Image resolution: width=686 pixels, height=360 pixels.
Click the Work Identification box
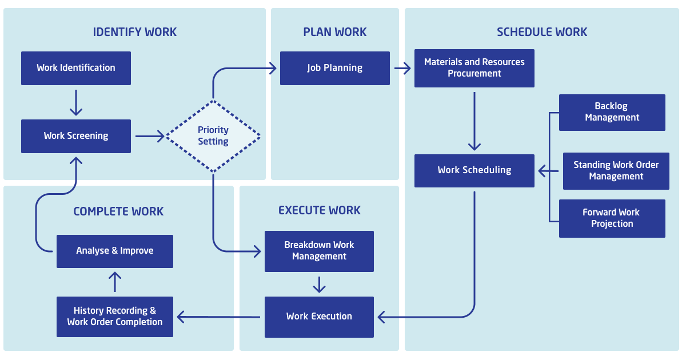point(76,68)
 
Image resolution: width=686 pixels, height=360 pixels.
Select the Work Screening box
point(76,136)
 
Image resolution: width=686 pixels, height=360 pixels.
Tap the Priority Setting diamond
point(213,136)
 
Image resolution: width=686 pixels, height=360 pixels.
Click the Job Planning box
point(334,68)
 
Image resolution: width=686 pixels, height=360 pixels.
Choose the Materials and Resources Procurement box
point(474,68)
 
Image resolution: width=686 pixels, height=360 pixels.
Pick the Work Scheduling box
point(474,170)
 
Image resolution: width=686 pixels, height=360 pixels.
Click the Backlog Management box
point(612,112)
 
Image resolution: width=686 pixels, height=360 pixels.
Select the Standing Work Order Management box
point(616,171)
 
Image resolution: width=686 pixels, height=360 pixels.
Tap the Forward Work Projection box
point(612,218)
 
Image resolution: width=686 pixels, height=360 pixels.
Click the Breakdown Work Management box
point(319,251)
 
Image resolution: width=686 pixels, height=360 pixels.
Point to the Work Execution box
point(319,317)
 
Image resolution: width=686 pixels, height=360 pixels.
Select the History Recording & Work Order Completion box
point(114,317)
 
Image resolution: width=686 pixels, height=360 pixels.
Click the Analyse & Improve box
point(114,251)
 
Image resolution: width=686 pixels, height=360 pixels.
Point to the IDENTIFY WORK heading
point(135,32)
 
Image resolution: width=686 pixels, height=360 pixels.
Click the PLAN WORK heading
point(335,32)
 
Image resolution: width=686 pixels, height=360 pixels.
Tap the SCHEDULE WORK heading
point(542,32)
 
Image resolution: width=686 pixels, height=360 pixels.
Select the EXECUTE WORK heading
point(320,210)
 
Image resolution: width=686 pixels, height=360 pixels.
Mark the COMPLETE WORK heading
point(118,211)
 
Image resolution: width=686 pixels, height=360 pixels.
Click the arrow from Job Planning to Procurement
point(402,69)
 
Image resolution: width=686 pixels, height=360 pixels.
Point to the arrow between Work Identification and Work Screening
point(76,102)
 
